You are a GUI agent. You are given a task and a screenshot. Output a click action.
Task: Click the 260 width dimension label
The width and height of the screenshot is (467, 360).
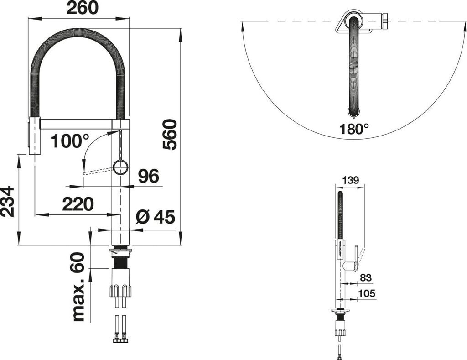82,8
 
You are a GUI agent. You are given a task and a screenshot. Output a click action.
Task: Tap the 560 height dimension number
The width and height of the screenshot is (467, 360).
170,134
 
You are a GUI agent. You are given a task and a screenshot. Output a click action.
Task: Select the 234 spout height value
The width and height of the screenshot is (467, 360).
8,202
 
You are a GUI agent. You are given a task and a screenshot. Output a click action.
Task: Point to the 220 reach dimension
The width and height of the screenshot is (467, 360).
78,204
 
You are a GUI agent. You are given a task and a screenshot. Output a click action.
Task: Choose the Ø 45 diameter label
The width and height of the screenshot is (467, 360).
155,217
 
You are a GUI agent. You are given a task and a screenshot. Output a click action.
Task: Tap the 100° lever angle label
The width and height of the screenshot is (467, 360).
70,141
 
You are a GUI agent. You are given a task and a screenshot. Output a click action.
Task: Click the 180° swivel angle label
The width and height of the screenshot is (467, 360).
354,129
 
